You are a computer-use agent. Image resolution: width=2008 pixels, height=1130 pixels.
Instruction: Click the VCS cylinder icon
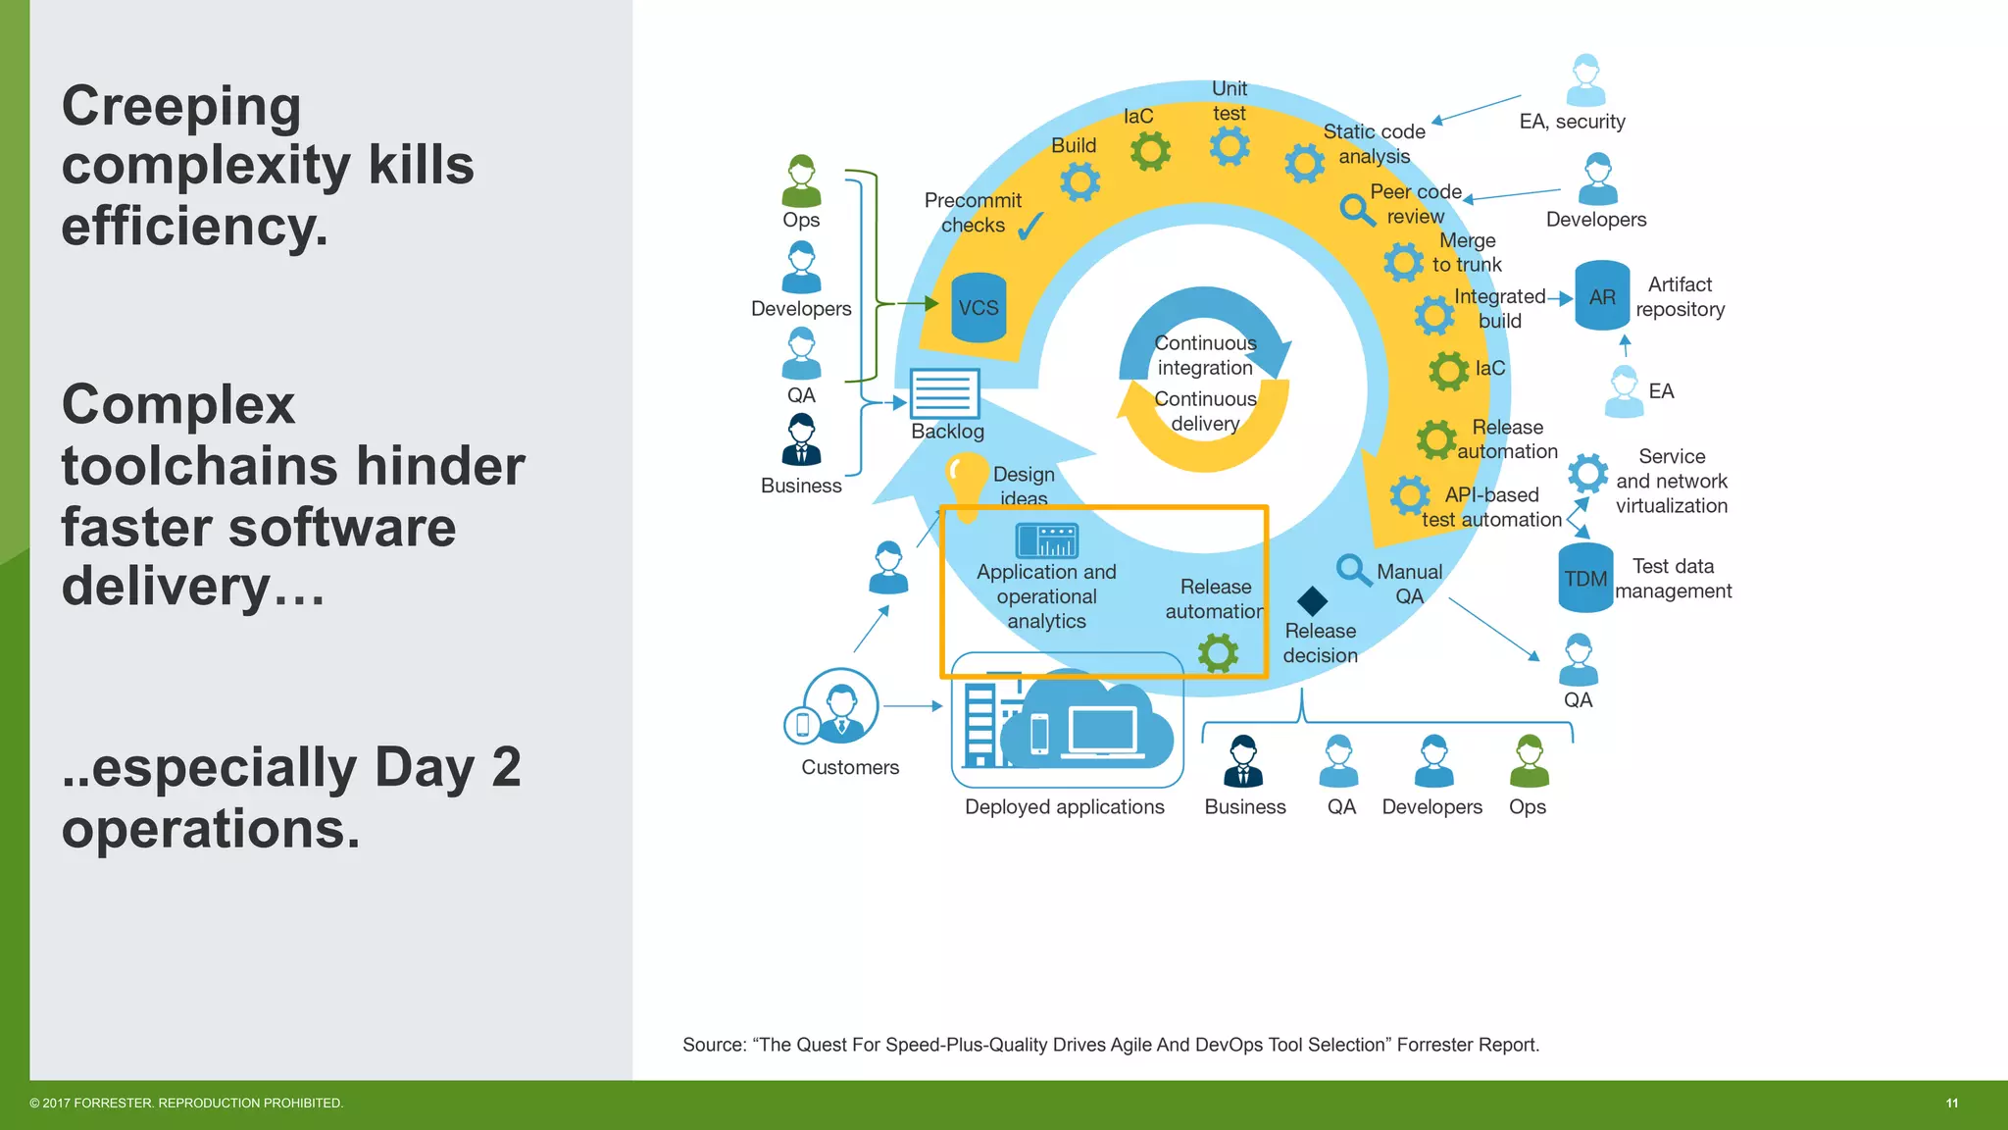pos(979,307)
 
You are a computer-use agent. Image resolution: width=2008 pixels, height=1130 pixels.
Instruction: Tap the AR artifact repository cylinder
pos(1602,295)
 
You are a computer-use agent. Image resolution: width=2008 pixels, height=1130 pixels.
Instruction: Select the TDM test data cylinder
pos(1585,578)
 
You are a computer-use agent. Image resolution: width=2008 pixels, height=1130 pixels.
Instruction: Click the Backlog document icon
pos(944,393)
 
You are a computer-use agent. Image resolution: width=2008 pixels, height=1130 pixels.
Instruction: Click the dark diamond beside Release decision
pos(1312,600)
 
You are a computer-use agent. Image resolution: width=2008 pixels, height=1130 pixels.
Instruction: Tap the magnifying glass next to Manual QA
pos(1353,569)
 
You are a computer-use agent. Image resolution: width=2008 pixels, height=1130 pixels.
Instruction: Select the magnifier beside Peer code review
pos(1357,209)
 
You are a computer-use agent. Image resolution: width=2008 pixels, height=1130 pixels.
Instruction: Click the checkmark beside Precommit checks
pos(1030,227)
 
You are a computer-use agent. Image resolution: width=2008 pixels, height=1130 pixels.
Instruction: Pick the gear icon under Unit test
pos(1230,147)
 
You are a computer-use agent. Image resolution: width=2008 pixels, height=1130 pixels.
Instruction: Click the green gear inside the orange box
pos(1218,652)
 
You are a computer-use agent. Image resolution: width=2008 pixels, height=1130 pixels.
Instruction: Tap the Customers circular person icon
pos(840,705)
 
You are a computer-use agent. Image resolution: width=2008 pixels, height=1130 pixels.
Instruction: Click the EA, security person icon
pos(1585,80)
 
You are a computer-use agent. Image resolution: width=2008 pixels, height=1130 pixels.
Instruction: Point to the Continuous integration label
pos(1205,355)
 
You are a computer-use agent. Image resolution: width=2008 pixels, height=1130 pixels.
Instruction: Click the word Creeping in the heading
pos(181,106)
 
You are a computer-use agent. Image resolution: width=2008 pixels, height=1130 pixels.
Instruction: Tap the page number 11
pos(1951,1104)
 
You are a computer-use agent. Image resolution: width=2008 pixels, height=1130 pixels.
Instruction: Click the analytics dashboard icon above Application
pos(1046,540)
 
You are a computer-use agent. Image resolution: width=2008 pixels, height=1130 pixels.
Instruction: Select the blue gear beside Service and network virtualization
pos(1587,474)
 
